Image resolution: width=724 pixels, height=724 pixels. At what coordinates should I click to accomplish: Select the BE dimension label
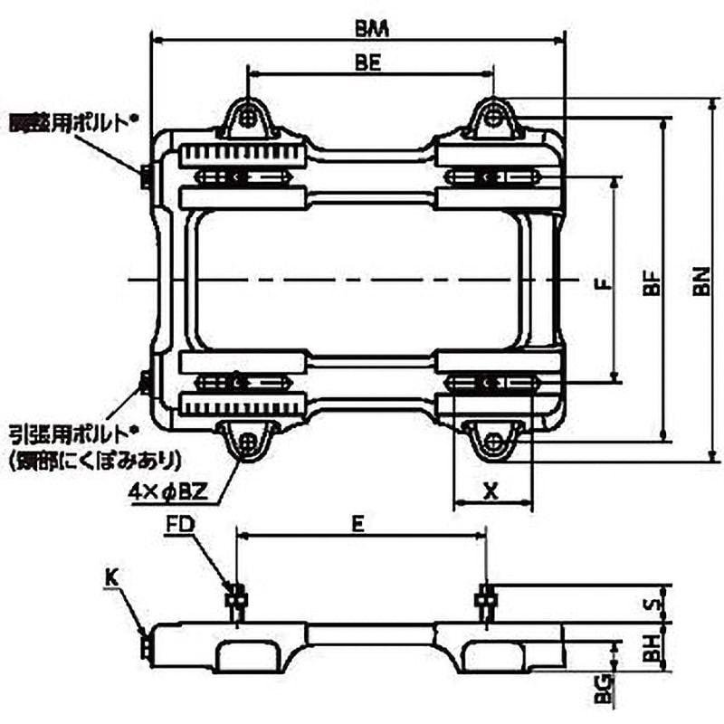click(367, 63)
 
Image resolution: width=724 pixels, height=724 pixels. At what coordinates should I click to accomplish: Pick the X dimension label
click(491, 491)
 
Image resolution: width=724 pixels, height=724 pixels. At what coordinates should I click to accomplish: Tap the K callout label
click(110, 575)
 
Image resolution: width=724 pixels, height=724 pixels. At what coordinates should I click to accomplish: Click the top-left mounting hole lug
click(247, 117)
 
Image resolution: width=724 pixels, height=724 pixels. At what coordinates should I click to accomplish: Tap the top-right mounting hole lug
click(492, 117)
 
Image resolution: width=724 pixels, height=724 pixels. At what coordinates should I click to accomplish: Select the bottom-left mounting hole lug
click(247, 441)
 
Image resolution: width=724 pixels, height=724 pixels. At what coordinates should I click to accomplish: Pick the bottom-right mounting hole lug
click(492, 442)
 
